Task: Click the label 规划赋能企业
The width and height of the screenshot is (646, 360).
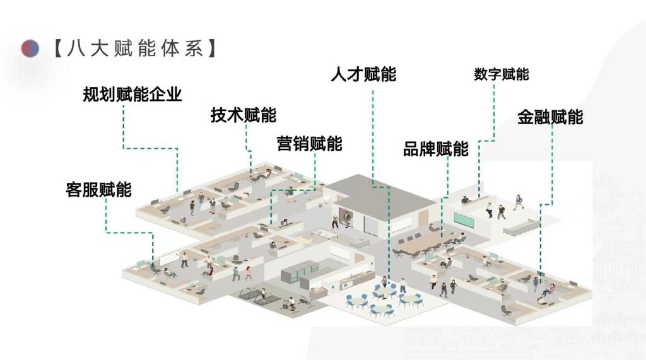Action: (x=132, y=95)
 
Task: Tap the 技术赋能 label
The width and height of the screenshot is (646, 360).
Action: (x=244, y=115)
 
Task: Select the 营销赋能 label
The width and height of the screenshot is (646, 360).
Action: (x=309, y=144)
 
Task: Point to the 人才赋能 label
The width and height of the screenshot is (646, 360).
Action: (x=363, y=74)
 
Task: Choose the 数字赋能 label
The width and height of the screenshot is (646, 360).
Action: (x=502, y=74)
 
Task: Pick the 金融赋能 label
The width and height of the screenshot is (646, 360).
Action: (x=550, y=117)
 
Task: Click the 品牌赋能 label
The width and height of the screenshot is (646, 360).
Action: (x=436, y=149)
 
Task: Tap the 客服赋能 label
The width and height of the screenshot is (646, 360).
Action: (x=98, y=190)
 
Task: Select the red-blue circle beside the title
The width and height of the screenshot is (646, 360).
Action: (x=30, y=49)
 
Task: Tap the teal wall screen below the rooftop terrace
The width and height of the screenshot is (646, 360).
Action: (x=465, y=221)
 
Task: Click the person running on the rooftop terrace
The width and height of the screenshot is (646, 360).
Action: (x=519, y=202)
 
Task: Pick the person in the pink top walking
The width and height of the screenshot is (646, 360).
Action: (x=248, y=273)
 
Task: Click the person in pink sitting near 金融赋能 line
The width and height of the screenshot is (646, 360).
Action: (x=548, y=291)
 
